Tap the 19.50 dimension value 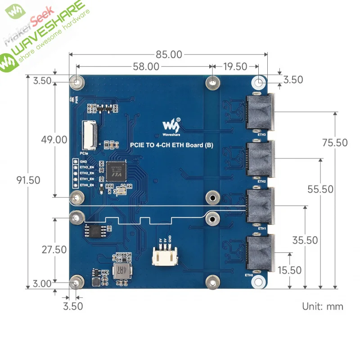coord(235,67)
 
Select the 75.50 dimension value coord(335,143)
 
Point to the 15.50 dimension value coord(289,270)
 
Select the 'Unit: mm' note coord(322,306)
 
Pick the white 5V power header coord(164,257)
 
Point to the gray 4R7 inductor coord(121,271)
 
